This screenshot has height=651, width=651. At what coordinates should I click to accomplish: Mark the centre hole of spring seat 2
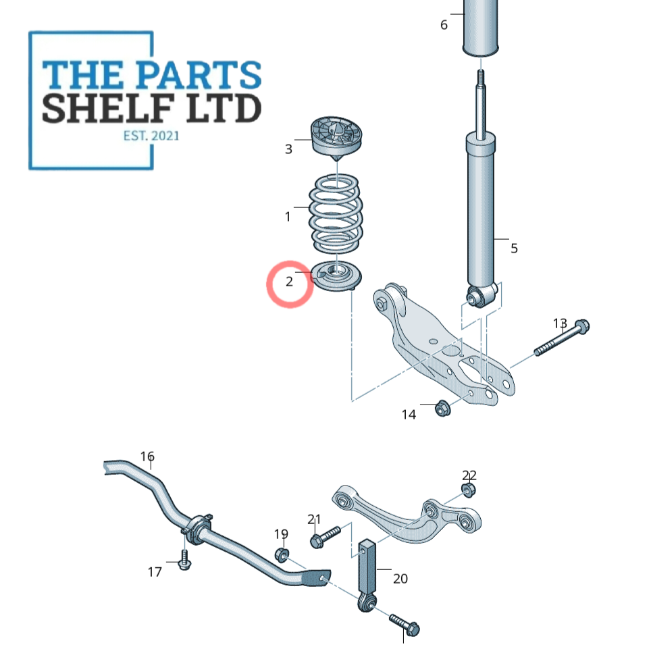pyautogui.click(x=337, y=271)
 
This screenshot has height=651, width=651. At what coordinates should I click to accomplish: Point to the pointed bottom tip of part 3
pyautogui.click(x=336, y=161)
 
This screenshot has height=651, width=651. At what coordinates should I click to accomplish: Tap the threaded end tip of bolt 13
pyautogui.click(x=536, y=353)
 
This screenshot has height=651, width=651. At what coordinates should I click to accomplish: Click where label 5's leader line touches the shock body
pyautogui.click(x=494, y=239)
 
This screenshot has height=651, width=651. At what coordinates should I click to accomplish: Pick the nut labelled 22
pyautogui.click(x=469, y=490)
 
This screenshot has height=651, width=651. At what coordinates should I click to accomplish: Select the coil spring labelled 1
pyautogui.click(x=336, y=214)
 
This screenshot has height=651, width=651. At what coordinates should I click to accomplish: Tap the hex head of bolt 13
pyautogui.click(x=581, y=326)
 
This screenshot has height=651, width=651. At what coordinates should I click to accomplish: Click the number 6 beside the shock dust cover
pyautogui.click(x=444, y=25)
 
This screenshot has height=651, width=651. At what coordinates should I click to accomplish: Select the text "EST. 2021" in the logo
pyautogui.click(x=151, y=136)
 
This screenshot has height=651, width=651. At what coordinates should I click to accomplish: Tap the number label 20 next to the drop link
pyautogui.click(x=400, y=578)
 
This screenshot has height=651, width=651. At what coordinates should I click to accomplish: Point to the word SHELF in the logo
pyautogui.click(x=108, y=108)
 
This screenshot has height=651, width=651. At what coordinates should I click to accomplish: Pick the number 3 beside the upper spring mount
pyautogui.click(x=288, y=149)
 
